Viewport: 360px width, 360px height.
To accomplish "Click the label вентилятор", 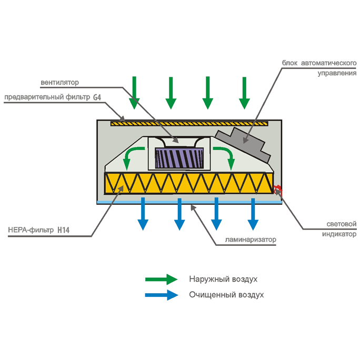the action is (59, 83).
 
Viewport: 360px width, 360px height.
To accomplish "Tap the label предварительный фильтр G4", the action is (53, 97).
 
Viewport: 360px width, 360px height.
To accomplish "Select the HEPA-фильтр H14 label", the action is (38, 230).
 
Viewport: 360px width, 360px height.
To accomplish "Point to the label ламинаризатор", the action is (251, 239).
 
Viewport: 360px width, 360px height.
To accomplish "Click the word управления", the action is (337, 73).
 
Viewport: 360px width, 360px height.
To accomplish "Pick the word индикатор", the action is (339, 234).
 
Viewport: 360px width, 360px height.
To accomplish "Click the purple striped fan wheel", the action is (179, 158).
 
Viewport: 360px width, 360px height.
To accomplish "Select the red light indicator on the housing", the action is (278, 191).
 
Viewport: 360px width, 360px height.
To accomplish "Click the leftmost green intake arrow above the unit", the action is (134, 93).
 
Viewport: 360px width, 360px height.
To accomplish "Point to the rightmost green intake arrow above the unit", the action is (244, 93).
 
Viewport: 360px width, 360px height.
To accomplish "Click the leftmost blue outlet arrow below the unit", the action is (143, 214).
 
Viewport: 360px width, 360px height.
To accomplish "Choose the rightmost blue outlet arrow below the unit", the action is (253, 214).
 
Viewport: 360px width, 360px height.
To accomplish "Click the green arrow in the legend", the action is (162, 279).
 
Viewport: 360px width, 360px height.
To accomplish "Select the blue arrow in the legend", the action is (162, 295).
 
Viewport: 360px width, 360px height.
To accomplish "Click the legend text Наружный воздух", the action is (223, 279).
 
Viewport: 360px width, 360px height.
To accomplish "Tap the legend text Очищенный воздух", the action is (226, 295).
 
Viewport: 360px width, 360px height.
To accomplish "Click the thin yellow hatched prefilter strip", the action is (189, 124).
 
